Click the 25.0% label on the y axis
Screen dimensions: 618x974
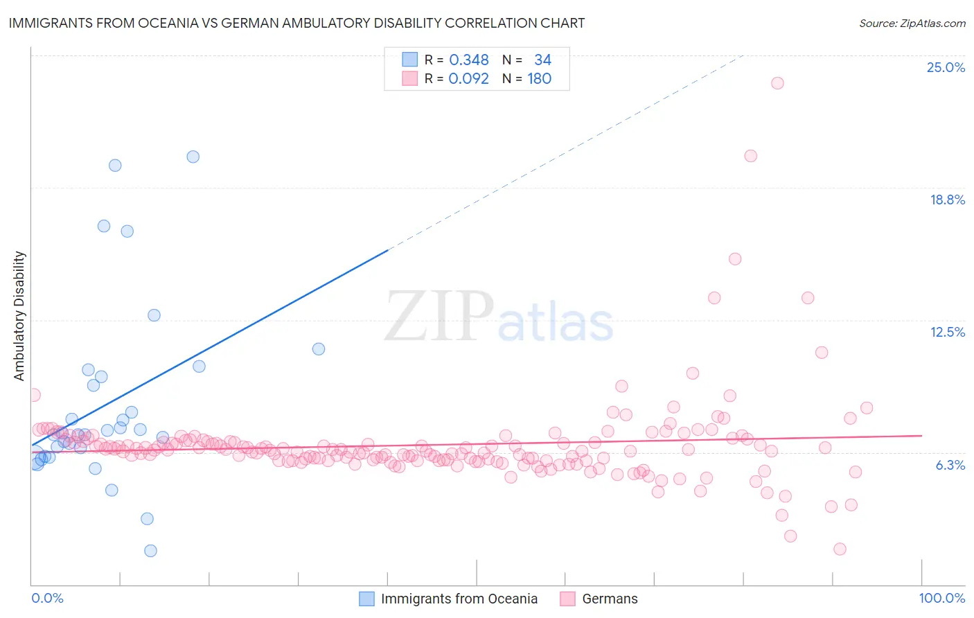point(946,67)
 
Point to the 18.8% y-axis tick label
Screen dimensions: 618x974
point(947,200)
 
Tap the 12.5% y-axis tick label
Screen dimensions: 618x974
point(947,332)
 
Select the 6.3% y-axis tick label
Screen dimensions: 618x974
point(950,465)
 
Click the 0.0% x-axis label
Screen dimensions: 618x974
point(47,598)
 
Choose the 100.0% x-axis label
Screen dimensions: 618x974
point(941,598)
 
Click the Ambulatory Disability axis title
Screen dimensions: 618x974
point(19,316)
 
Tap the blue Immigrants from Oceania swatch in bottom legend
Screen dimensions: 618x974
point(366,599)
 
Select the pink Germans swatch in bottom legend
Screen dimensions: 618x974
point(568,599)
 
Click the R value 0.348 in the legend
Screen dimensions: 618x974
point(469,60)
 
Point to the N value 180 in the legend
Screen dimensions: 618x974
point(539,79)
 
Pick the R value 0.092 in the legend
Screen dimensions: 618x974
point(469,79)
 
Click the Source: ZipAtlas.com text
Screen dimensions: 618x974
point(912,24)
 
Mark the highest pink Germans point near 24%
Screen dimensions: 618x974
point(777,83)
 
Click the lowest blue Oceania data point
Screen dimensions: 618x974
point(150,551)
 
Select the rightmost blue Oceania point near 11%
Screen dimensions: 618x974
point(319,349)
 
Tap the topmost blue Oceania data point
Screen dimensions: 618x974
point(193,157)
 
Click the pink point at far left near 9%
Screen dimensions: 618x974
point(34,395)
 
